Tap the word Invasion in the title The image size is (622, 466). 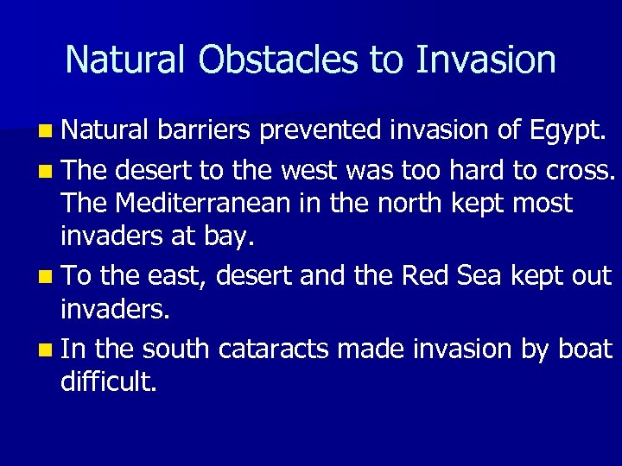486,60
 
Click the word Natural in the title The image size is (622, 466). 126,60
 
